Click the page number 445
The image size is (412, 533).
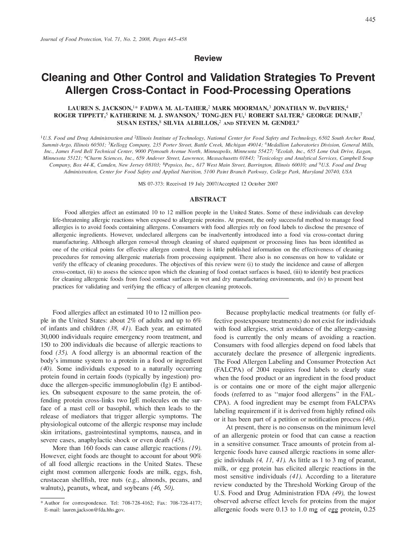pyautogui.click(x=370, y=20)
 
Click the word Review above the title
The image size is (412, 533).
pyautogui.click(x=208, y=58)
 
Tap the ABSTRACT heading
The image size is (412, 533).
pyautogui.click(x=208, y=199)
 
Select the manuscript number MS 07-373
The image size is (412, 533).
pyautogui.click(x=150, y=184)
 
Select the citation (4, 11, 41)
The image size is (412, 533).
pyautogui.click(x=270, y=460)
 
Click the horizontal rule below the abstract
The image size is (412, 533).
pyautogui.click(x=208, y=298)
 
